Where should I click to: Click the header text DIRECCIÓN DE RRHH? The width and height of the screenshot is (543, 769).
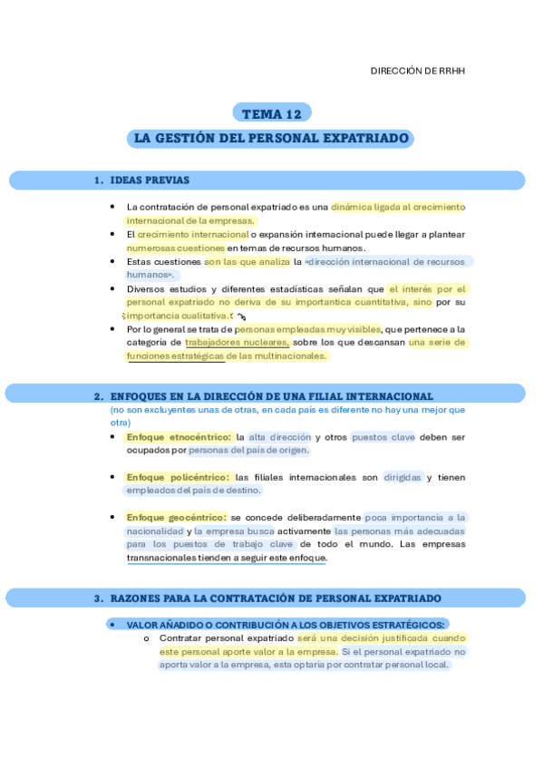tap(418, 71)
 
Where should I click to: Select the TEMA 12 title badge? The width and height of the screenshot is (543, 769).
tap(271, 113)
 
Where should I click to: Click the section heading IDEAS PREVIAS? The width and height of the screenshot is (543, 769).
tap(149, 180)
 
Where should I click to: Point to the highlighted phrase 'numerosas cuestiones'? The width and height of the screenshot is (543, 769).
tap(176, 248)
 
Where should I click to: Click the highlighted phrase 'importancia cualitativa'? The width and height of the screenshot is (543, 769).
tap(177, 316)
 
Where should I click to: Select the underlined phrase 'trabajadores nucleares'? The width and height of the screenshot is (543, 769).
tap(237, 343)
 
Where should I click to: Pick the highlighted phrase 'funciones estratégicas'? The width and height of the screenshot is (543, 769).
tap(176, 356)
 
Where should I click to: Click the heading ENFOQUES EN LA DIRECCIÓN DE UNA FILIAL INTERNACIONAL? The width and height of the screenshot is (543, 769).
tap(271, 396)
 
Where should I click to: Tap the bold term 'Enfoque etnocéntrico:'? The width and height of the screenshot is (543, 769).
tap(179, 437)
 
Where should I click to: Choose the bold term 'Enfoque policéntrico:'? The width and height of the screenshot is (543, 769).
tap(178, 477)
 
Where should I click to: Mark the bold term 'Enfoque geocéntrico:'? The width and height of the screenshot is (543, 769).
tap(176, 518)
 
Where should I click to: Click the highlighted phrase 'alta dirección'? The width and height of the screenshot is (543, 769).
tap(279, 437)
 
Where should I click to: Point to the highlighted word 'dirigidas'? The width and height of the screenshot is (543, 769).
tap(402, 477)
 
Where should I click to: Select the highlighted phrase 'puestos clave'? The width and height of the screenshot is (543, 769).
tap(383, 437)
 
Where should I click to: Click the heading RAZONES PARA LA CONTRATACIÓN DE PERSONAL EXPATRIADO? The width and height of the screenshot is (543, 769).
tap(276, 599)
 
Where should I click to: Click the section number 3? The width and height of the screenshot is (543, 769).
tap(98, 599)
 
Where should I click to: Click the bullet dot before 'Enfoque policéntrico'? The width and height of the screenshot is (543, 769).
tap(112, 477)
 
